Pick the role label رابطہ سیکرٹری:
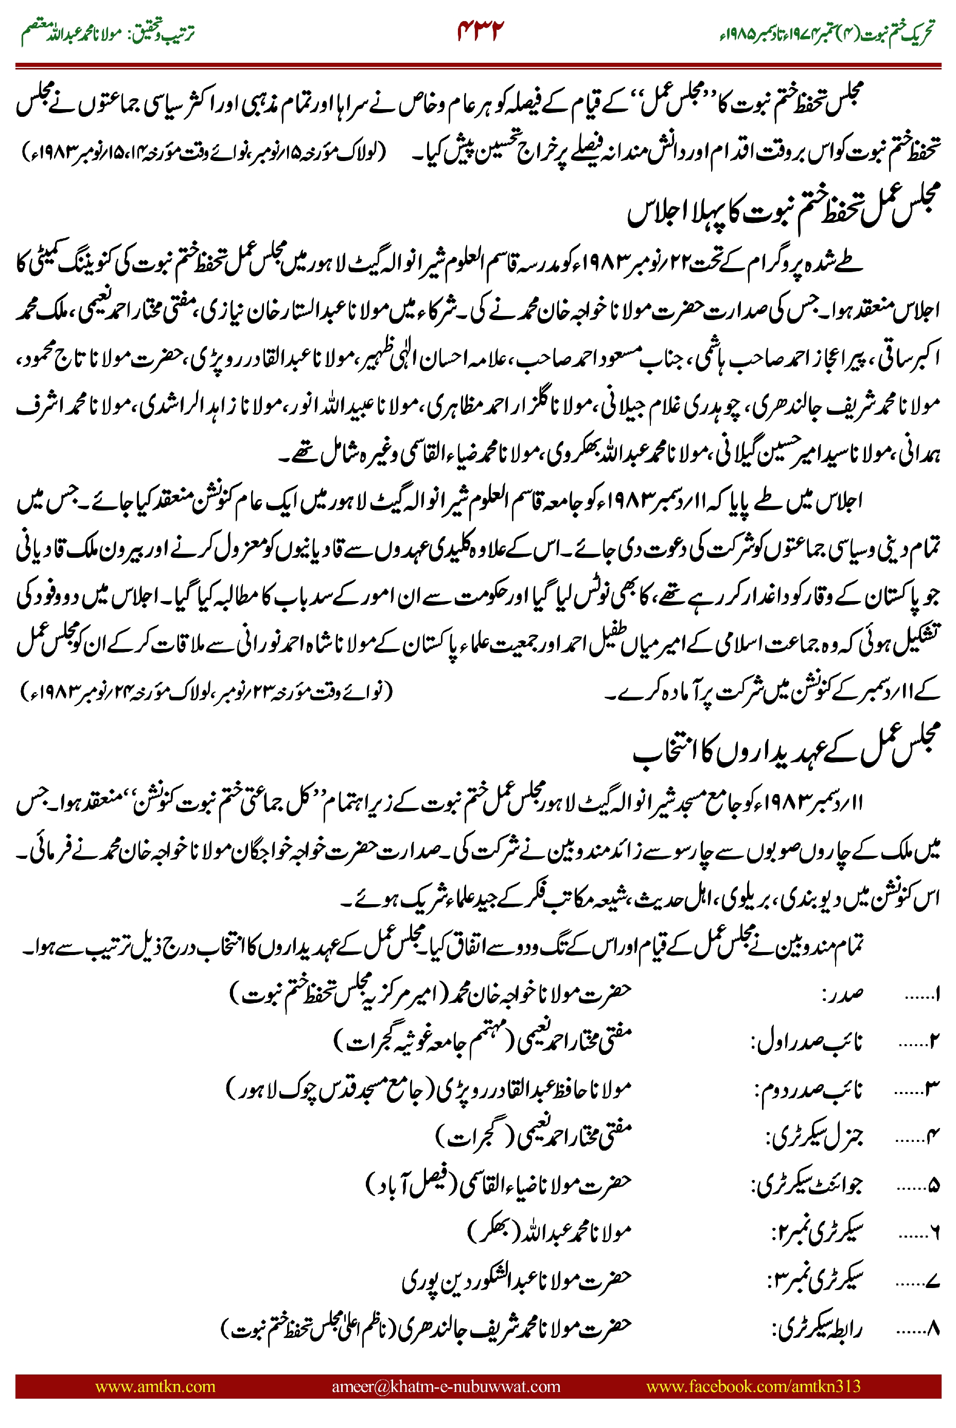coord(817,1329)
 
